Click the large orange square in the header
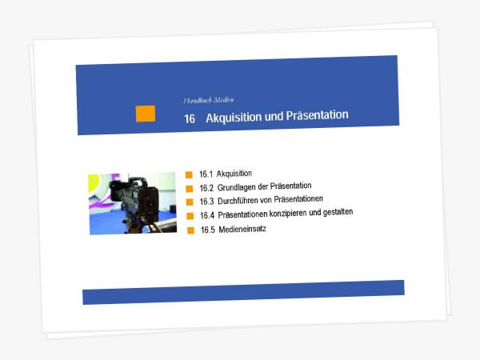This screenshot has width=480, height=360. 146,114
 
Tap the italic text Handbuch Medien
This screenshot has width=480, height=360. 209,100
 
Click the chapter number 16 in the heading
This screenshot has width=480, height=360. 190,118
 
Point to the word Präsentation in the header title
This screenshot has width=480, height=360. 317,115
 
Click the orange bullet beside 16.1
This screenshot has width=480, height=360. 189,174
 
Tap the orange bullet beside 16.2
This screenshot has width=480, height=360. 190,189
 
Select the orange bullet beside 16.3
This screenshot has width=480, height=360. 190,202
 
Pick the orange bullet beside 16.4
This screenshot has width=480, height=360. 190,216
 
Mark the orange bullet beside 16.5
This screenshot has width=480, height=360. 190,230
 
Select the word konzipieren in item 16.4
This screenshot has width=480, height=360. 288,214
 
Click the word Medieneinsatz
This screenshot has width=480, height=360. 242,229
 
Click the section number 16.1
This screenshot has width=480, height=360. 206,174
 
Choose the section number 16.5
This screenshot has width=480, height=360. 208,230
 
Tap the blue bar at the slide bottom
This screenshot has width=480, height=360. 243,292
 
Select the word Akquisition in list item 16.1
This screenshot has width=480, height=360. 234,174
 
